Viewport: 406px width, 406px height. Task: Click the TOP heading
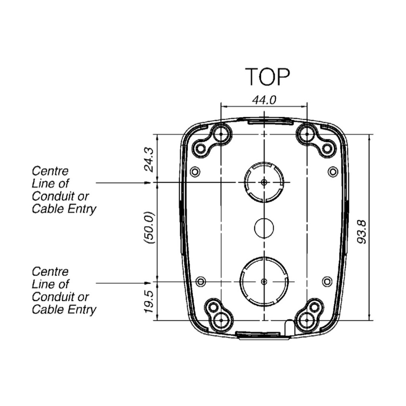268,77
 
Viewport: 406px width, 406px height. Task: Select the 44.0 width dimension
264,100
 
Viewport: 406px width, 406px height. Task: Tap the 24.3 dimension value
149,159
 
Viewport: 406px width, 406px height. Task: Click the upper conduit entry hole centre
264,182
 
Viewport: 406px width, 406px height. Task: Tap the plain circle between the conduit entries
264,227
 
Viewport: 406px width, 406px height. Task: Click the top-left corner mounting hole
221,135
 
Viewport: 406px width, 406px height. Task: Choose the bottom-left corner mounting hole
221,320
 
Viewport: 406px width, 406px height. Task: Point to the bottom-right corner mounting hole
307,320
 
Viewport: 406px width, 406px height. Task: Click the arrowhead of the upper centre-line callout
147,183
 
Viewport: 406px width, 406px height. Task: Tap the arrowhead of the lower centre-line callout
147,283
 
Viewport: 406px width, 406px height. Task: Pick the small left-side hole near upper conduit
194,172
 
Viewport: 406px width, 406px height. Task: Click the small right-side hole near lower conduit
327,281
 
